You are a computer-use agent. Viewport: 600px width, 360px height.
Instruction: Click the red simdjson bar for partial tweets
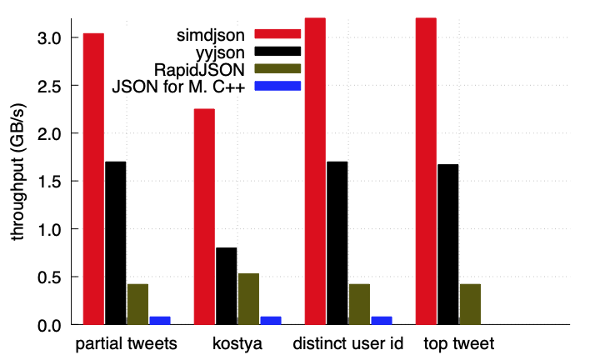click(x=93, y=178)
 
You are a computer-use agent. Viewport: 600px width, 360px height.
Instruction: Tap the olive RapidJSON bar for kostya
click(x=248, y=298)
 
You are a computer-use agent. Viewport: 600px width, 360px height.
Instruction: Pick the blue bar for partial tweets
click(x=160, y=320)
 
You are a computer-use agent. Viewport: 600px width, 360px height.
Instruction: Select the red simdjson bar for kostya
click(x=204, y=217)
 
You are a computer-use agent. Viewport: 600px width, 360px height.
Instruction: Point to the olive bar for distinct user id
click(x=359, y=304)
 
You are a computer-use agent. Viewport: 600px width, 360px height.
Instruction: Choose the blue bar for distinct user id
click(x=381, y=320)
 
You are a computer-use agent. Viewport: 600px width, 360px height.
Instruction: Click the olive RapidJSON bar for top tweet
click(x=470, y=304)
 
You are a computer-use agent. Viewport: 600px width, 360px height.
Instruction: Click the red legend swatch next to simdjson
click(x=277, y=32)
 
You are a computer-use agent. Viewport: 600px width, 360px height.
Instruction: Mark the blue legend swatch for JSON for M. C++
click(x=277, y=85)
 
